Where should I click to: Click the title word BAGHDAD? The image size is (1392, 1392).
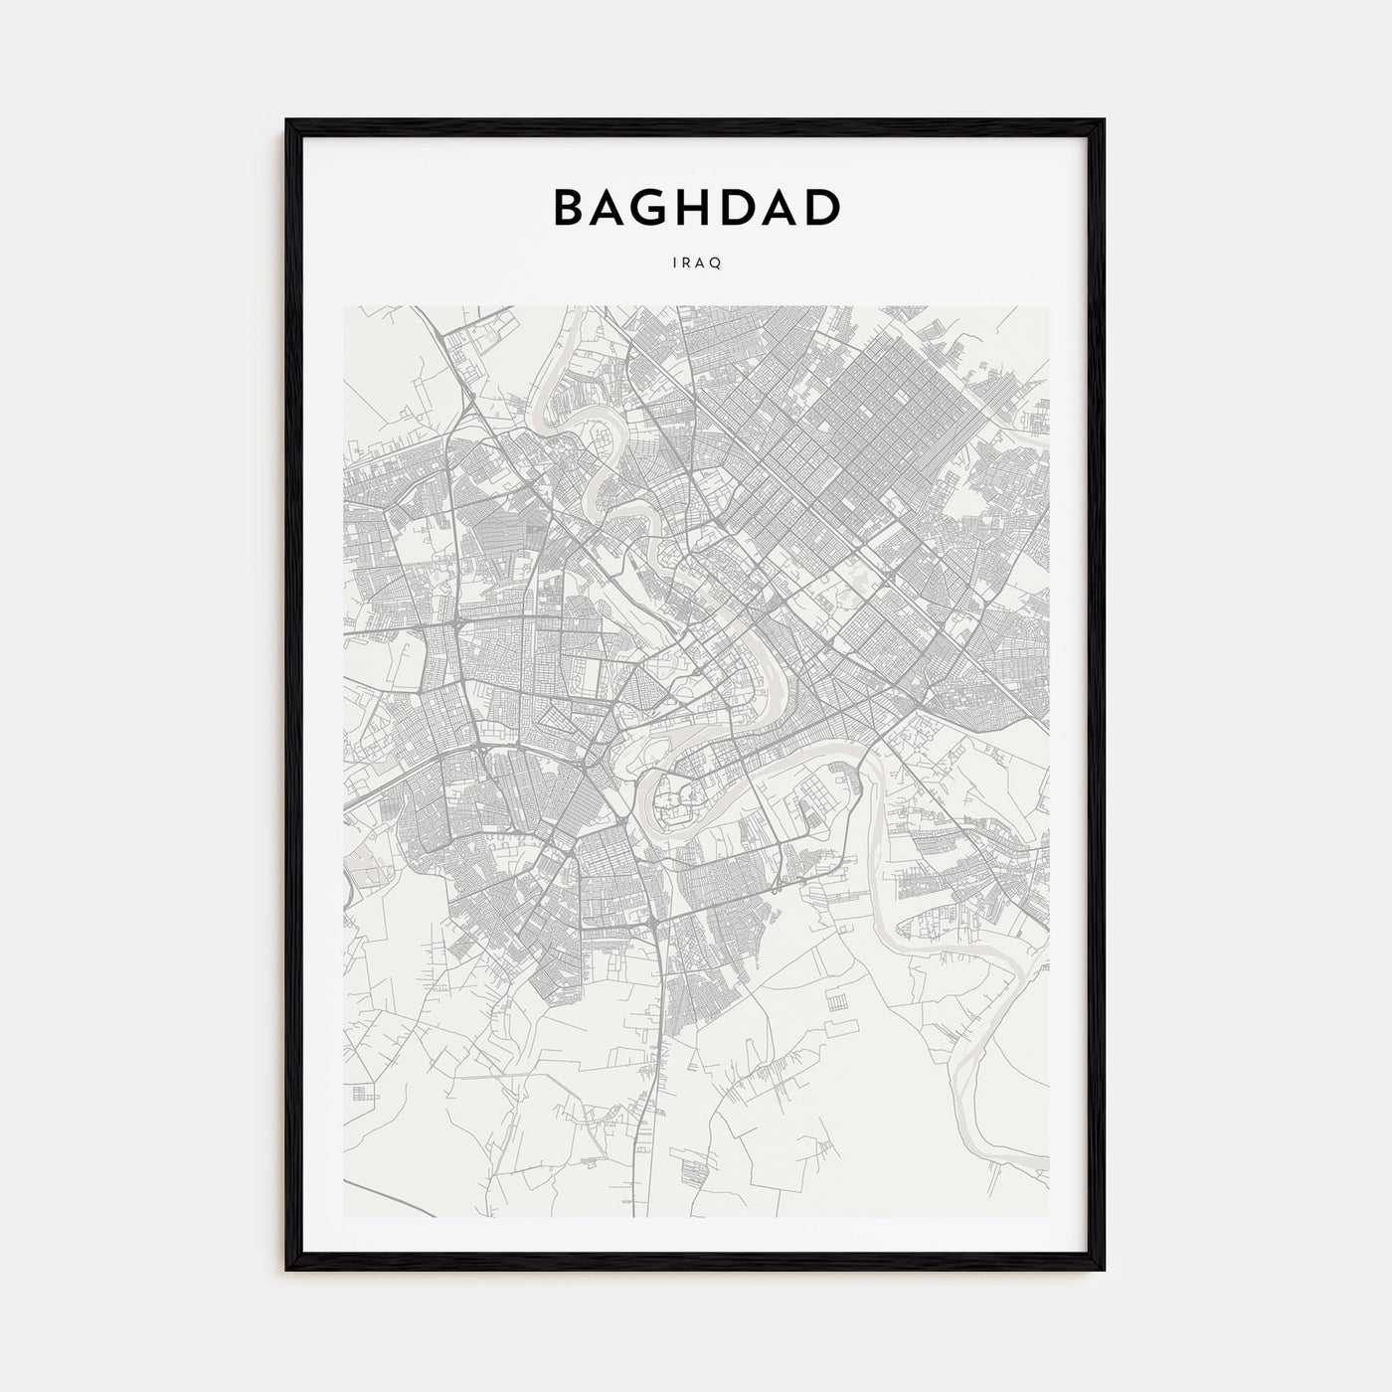pyautogui.click(x=696, y=207)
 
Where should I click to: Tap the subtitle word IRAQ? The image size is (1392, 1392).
pyautogui.click(x=696, y=262)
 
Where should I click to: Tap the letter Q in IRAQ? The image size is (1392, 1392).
pyautogui.click(x=716, y=262)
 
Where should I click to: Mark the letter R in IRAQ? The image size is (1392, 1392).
pyautogui.click(x=688, y=262)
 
